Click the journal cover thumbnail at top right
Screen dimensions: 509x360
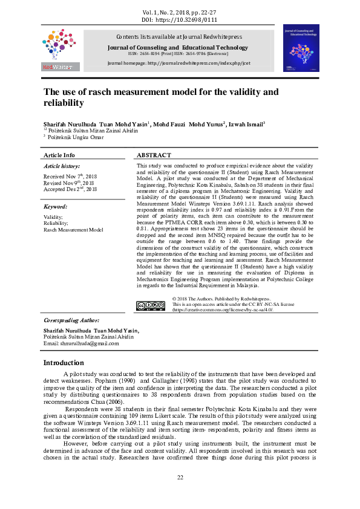301,48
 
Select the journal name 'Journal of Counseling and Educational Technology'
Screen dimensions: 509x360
176,48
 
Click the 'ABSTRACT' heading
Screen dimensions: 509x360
154,155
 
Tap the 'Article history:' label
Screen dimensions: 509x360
62,166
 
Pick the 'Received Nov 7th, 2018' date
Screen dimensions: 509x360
70,176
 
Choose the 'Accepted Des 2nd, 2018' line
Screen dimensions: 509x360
70,189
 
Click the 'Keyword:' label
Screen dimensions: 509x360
55,207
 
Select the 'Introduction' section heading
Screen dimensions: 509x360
64,363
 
